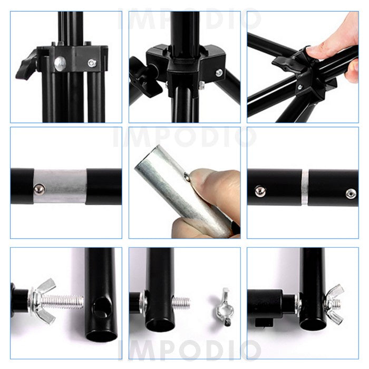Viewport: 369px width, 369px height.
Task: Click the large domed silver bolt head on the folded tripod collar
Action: point(60,64)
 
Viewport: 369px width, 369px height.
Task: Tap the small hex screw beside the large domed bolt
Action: point(92,63)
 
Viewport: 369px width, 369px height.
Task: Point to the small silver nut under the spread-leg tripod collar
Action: point(201,85)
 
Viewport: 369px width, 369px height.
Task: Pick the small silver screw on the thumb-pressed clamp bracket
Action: point(300,88)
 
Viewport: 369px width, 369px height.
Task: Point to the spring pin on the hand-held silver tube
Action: point(187,177)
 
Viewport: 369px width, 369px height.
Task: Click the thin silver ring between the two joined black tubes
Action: point(305,187)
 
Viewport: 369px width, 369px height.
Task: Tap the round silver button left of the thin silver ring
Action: point(260,191)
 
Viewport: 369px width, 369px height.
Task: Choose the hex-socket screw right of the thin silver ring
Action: point(351,194)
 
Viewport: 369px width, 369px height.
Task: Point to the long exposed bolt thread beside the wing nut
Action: point(63,302)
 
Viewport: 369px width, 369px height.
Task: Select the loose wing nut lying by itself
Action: point(224,308)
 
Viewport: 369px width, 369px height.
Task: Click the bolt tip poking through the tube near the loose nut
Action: point(181,303)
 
